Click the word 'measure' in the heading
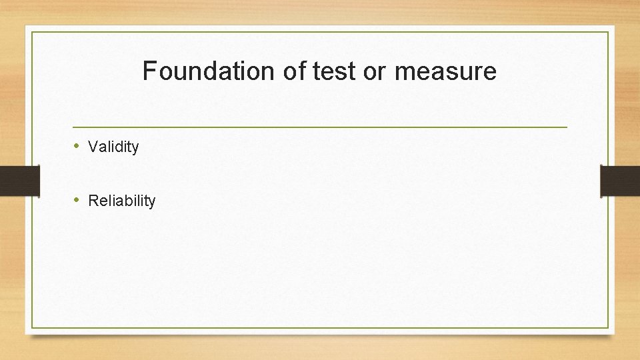(445, 71)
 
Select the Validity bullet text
(113, 147)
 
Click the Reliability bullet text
(121, 201)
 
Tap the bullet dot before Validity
(77, 146)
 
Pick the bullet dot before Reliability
(77, 199)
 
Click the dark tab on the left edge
(19, 180)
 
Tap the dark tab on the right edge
(620, 180)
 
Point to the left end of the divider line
(73, 127)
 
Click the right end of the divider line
(567, 127)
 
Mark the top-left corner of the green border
(32, 32)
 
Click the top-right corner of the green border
(609, 32)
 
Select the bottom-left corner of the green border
(32, 327)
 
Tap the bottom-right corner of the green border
(609, 327)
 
